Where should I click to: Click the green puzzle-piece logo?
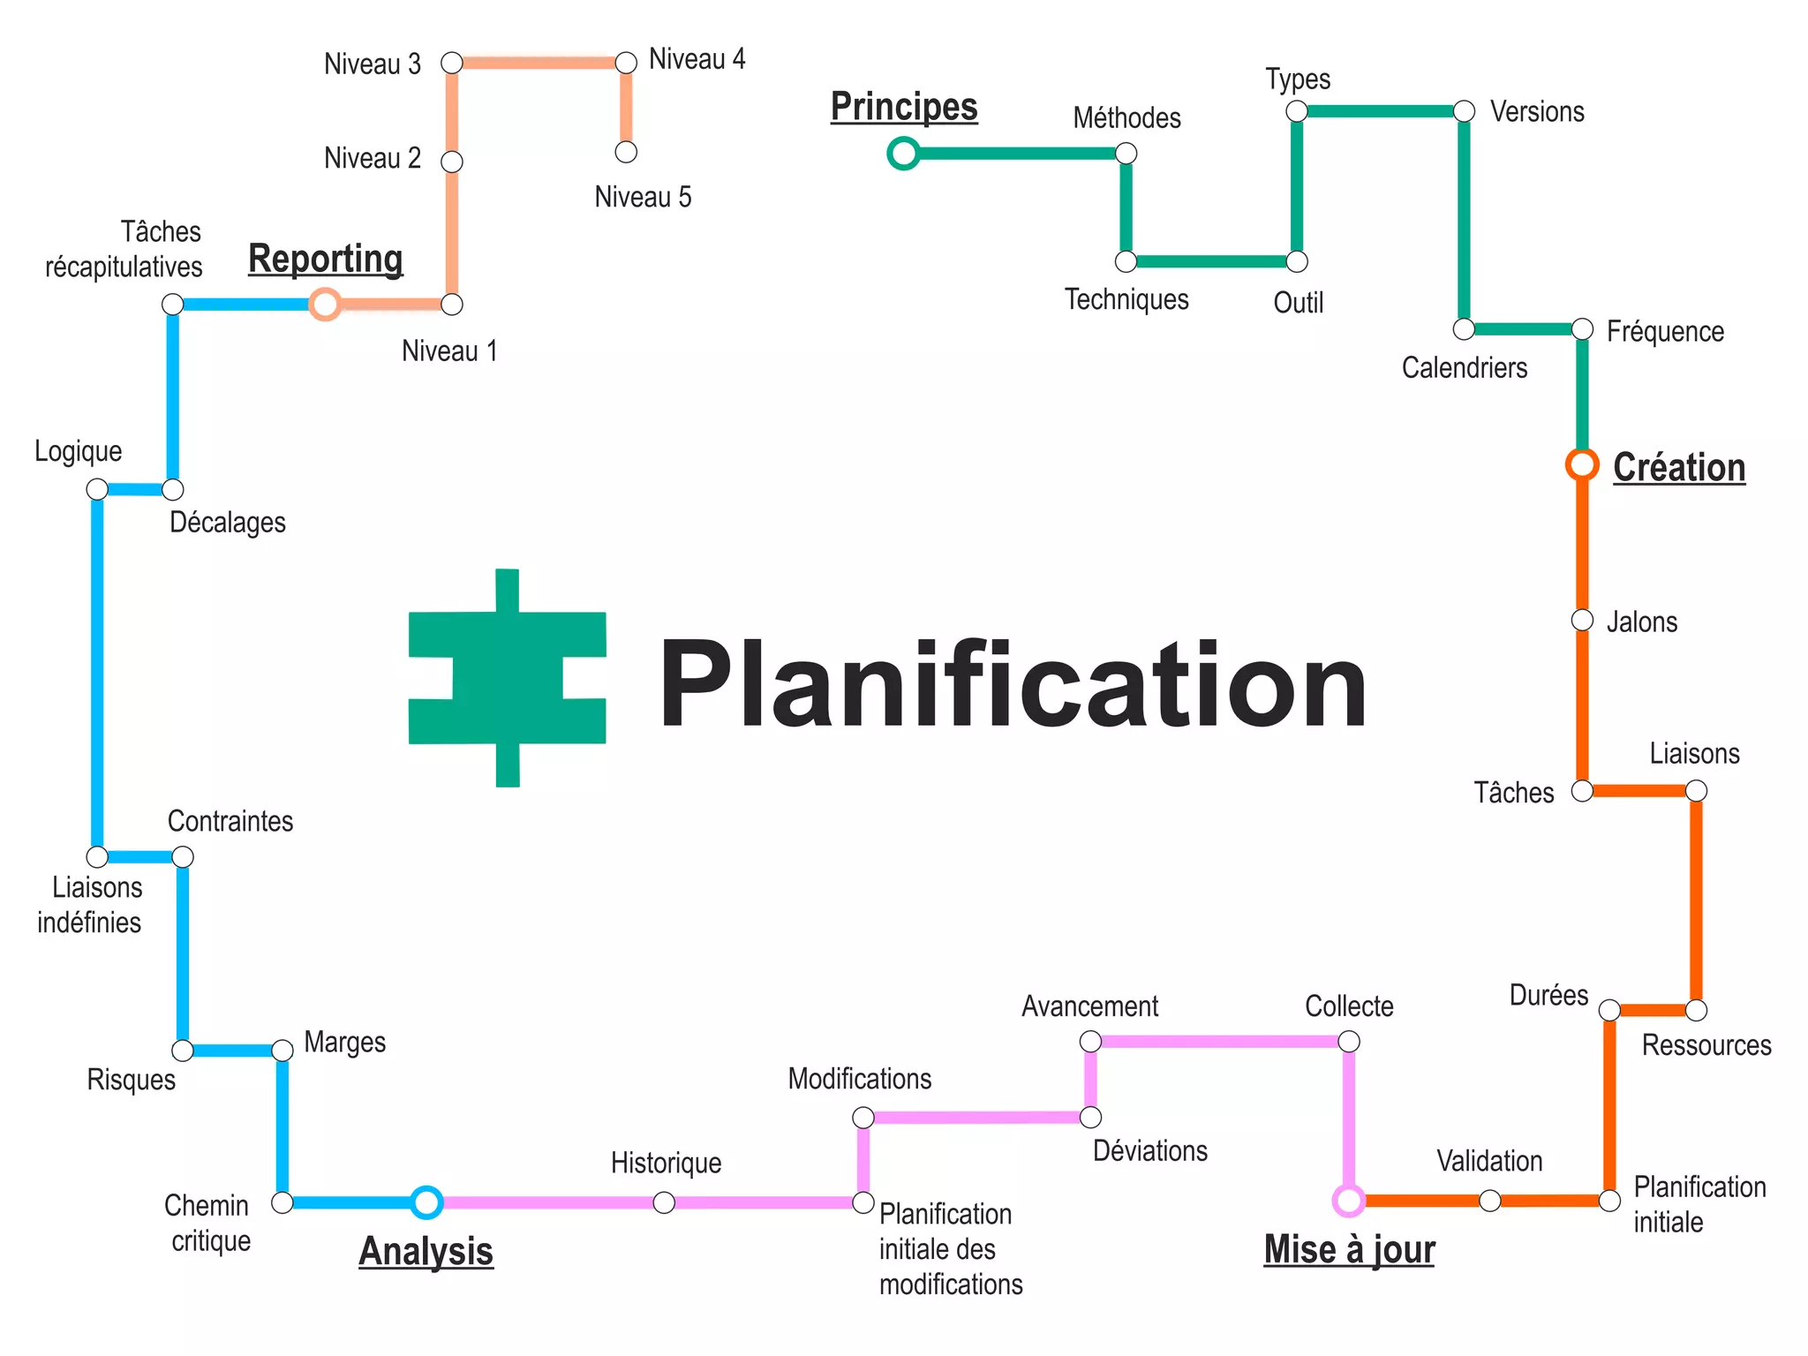(507, 678)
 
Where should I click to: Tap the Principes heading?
(904, 107)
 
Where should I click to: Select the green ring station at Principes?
(903, 154)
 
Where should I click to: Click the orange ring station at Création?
(1582, 464)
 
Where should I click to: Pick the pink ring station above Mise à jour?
(1348, 1201)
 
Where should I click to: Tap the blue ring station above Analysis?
(426, 1202)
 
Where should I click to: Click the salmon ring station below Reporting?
(325, 305)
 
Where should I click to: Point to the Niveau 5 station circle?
(626, 152)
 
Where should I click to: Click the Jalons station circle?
(1582, 621)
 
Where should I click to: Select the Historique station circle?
(664, 1202)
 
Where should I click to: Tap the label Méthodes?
(1126, 118)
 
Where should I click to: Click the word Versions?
(1537, 112)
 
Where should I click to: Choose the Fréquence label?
(1665, 332)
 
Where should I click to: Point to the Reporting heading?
(326, 259)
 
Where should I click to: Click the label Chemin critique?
(208, 1223)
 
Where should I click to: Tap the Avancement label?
(1089, 1006)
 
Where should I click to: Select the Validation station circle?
(1489, 1201)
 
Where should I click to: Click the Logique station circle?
(97, 489)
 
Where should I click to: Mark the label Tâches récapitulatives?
(124, 249)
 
